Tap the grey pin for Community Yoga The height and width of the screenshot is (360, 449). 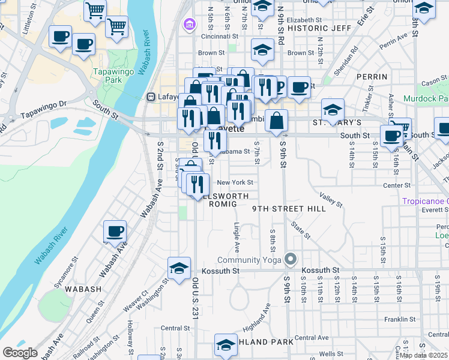[291, 259]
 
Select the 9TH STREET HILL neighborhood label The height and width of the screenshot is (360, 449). [289, 209]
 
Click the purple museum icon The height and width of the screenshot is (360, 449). [190, 25]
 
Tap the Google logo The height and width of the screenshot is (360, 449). [20, 353]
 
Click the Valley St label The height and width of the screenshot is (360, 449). [331, 200]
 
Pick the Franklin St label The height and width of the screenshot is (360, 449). [397, 319]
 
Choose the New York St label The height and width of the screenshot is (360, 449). [235, 182]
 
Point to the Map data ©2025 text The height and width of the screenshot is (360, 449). [424, 355]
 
